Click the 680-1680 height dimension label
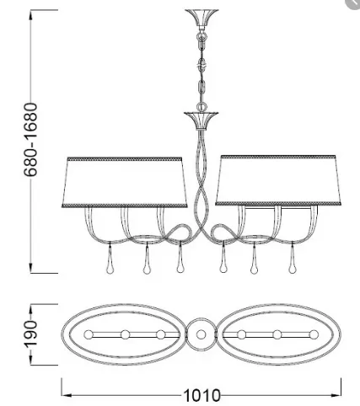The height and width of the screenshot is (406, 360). (30, 140)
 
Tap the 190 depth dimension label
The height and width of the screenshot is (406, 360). (30, 334)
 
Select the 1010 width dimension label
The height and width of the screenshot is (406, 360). (201, 396)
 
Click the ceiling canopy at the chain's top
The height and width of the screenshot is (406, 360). (201, 18)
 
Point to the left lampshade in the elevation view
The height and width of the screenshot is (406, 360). (125, 183)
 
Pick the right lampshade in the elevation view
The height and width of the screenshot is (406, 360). (278, 180)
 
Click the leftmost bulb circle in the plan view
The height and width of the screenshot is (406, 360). (89, 334)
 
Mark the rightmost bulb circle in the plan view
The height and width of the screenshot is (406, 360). (314, 334)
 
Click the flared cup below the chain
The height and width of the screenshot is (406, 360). (201, 120)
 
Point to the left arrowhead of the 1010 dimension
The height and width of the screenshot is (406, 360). (66, 395)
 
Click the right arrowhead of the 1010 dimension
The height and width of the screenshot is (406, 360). (336, 395)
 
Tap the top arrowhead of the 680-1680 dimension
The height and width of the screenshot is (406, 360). (30, 14)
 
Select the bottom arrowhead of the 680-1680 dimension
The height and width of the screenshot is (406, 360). (30, 268)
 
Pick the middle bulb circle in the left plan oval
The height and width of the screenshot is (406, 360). (126, 334)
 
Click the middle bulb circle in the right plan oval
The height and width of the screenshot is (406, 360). (277, 334)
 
